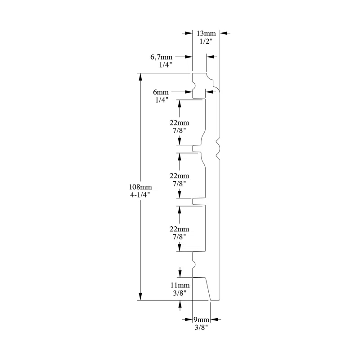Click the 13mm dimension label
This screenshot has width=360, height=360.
point(207,33)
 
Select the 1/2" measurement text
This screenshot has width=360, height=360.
point(206,41)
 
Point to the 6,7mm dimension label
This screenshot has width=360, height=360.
point(162,57)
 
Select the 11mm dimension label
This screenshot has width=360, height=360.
point(180,285)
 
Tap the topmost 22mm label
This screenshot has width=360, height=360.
point(180,123)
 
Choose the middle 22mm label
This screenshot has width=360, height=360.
point(180,175)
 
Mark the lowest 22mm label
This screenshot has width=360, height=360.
point(180,228)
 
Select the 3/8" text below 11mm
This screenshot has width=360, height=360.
point(180,292)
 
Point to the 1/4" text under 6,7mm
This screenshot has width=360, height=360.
point(166,65)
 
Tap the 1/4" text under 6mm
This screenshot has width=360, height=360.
point(161,99)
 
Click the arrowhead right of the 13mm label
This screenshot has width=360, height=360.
point(224,33)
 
